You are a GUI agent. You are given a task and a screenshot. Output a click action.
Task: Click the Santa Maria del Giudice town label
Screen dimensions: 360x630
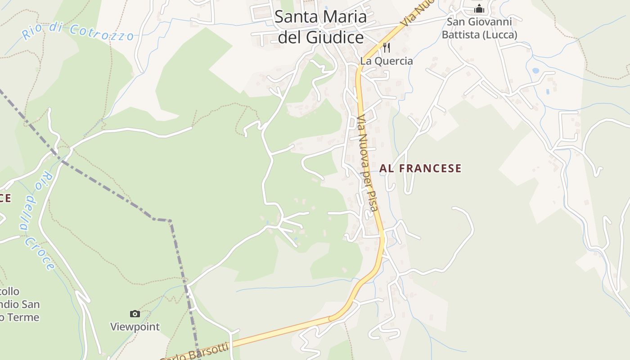point(320,27)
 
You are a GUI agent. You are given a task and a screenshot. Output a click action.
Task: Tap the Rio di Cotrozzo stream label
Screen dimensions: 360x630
point(78,31)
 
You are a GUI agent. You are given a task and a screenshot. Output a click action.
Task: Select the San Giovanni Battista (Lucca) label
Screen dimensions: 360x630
point(479,28)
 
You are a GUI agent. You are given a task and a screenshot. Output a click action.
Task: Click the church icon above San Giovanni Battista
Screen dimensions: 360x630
point(479,9)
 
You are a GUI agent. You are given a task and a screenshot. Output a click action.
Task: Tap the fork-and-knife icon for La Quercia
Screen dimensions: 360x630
point(386,47)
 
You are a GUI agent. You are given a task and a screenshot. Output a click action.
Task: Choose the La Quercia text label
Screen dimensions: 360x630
point(386,61)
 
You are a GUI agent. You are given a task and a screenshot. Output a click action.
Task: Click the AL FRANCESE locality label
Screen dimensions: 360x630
point(420,168)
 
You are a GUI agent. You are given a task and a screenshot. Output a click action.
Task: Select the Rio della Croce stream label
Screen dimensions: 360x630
point(38,220)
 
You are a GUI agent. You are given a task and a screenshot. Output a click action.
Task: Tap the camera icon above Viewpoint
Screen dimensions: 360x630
point(135,314)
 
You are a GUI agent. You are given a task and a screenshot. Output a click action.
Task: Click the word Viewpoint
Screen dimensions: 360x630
point(135,327)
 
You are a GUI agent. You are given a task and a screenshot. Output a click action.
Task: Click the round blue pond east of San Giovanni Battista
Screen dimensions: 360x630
point(535,71)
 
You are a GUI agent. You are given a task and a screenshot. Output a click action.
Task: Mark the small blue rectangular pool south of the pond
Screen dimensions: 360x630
point(548,91)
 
